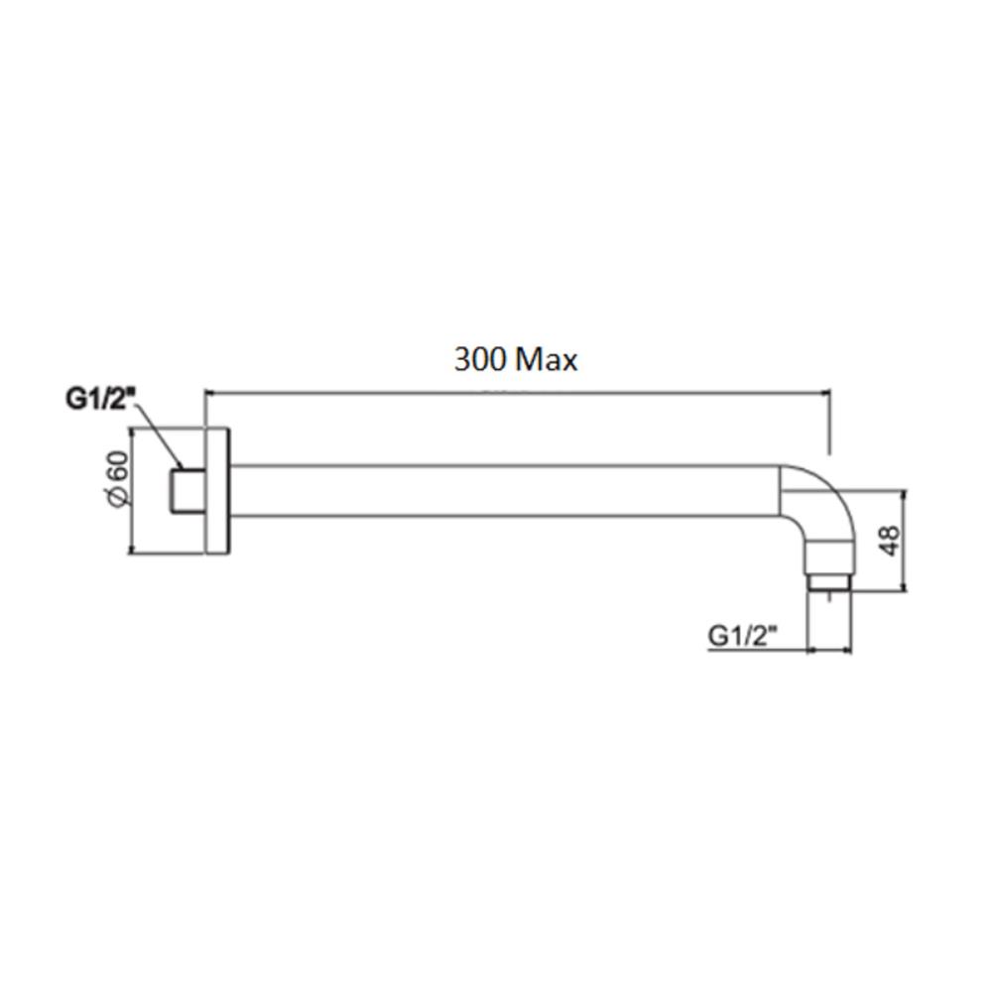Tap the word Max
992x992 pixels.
[545, 359]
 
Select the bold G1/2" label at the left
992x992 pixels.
[99, 400]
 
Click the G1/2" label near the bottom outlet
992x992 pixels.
[741, 634]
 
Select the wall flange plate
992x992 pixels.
[217, 491]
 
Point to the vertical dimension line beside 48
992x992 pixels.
[902, 540]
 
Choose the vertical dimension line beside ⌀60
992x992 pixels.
[134, 491]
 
